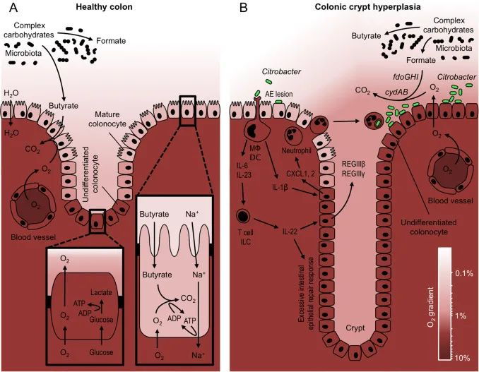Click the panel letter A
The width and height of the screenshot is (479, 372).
coord(13,7)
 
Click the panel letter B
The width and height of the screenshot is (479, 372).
coord(244,7)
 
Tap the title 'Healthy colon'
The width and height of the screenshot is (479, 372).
coord(104,7)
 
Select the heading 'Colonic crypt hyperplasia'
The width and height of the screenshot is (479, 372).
coord(367,7)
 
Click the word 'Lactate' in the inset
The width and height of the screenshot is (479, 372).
coord(101,292)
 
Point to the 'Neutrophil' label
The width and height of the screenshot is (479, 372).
coord(296,150)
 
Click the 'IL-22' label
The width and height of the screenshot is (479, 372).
coord(289,232)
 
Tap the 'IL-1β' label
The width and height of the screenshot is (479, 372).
coord(280,187)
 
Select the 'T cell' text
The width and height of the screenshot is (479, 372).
coord(246,232)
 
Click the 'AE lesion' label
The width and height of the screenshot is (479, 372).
coord(279,94)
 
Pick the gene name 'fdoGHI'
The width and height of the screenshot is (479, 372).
coord(406,77)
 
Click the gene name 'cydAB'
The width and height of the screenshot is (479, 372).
coord(396,92)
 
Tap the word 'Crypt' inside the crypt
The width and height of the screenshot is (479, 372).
coord(355,328)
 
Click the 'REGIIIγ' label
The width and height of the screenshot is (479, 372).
coord(353,174)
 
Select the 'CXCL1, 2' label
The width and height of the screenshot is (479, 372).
coord(300,174)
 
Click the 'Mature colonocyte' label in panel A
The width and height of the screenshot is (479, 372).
coord(107,119)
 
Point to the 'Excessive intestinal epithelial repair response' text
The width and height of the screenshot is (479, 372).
coord(306,294)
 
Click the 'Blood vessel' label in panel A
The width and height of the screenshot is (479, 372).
coord(33,236)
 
